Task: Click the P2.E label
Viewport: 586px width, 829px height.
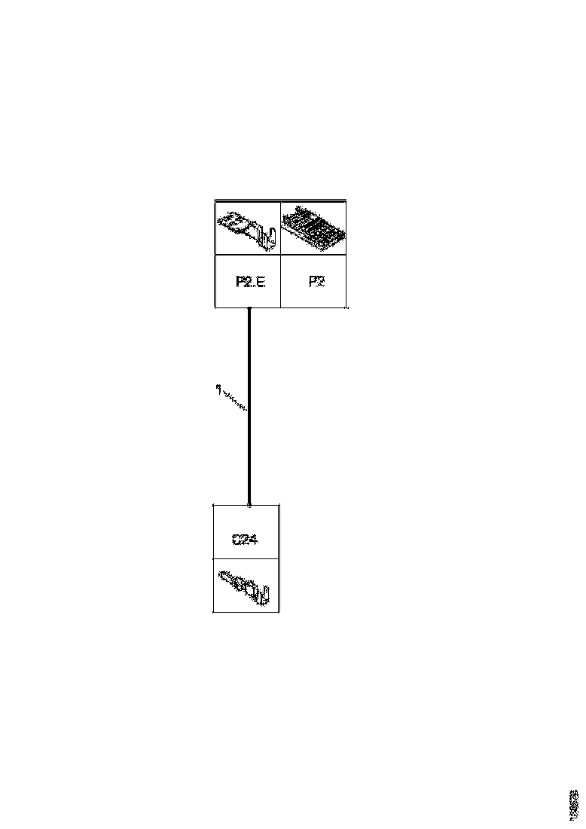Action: (x=250, y=283)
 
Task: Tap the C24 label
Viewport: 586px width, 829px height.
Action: (x=246, y=540)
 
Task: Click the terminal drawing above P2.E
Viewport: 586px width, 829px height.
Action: (x=248, y=228)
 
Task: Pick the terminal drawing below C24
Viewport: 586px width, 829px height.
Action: (x=246, y=586)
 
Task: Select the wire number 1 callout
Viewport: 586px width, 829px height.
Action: (x=217, y=390)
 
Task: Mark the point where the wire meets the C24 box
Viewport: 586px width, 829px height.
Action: (x=249, y=504)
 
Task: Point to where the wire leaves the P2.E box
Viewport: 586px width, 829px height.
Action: (x=249, y=308)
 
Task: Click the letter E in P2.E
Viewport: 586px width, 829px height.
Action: (x=261, y=283)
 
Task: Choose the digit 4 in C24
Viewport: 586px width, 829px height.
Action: (x=255, y=540)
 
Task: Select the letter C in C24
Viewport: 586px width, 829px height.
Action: (x=237, y=540)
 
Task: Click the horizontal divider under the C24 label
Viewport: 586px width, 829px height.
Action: (x=246, y=559)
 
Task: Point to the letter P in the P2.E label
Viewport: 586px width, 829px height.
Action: (x=240, y=283)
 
